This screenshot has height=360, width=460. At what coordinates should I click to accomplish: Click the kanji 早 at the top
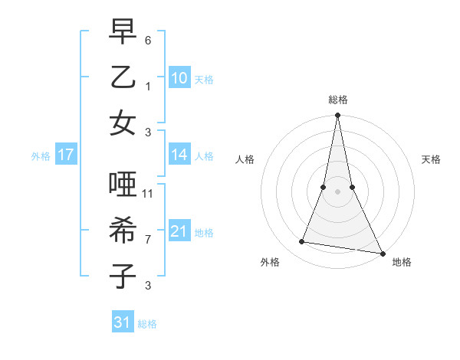tap(123, 34)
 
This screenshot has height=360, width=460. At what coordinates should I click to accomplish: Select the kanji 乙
tap(123, 78)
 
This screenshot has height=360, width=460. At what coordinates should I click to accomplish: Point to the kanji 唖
tap(123, 186)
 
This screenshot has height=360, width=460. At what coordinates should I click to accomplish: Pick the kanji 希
tap(123, 231)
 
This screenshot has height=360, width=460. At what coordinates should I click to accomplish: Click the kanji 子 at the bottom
tap(123, 276)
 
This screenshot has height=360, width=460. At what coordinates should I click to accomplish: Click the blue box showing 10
tap(179, 78)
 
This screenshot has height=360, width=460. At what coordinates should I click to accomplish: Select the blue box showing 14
tap(179, 155)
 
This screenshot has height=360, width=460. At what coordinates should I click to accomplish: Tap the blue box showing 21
tap(179, 231)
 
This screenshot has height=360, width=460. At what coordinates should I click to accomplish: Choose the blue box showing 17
tap(65, 155)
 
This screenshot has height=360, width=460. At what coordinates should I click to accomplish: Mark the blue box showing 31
tap(123, 322)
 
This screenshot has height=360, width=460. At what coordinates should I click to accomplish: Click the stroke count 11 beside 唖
tap(148, 194)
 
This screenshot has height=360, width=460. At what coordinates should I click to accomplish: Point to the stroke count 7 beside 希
tap(148, 239)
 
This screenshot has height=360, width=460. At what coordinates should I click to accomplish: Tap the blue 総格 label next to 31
tap(147, 324)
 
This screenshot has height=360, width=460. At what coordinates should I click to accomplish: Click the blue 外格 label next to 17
tap(41, 156)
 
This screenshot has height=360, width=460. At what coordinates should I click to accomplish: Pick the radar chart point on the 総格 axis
tap(337, 115)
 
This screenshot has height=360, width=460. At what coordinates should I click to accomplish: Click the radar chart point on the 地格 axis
tap(381, 252)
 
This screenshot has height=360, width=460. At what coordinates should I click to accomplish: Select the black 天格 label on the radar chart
tap(432, 159)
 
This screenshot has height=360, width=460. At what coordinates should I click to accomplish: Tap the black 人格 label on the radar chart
tap(245, 159)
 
